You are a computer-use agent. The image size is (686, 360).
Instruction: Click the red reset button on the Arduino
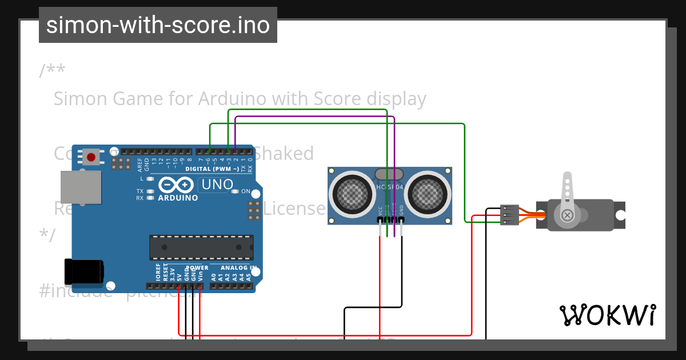tap(91, 157)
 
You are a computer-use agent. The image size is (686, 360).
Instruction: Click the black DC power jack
tap(83, 271)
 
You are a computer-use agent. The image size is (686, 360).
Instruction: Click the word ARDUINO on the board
tap(178, 198)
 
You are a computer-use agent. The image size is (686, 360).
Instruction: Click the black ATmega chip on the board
tap(201, 247)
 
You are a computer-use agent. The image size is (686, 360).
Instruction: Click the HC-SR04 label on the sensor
tap(390, 187)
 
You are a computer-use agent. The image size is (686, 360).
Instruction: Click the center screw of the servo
tap(567, 215)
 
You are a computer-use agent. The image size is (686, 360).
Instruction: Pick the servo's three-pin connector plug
tap(509, 215)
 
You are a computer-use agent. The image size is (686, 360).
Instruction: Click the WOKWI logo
tap(607, 315)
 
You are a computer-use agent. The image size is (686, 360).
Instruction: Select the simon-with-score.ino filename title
tap(158, 25)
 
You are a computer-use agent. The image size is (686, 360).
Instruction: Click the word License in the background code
tap(294, 209)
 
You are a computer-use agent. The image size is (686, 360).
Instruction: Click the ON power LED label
tap(246, 191)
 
